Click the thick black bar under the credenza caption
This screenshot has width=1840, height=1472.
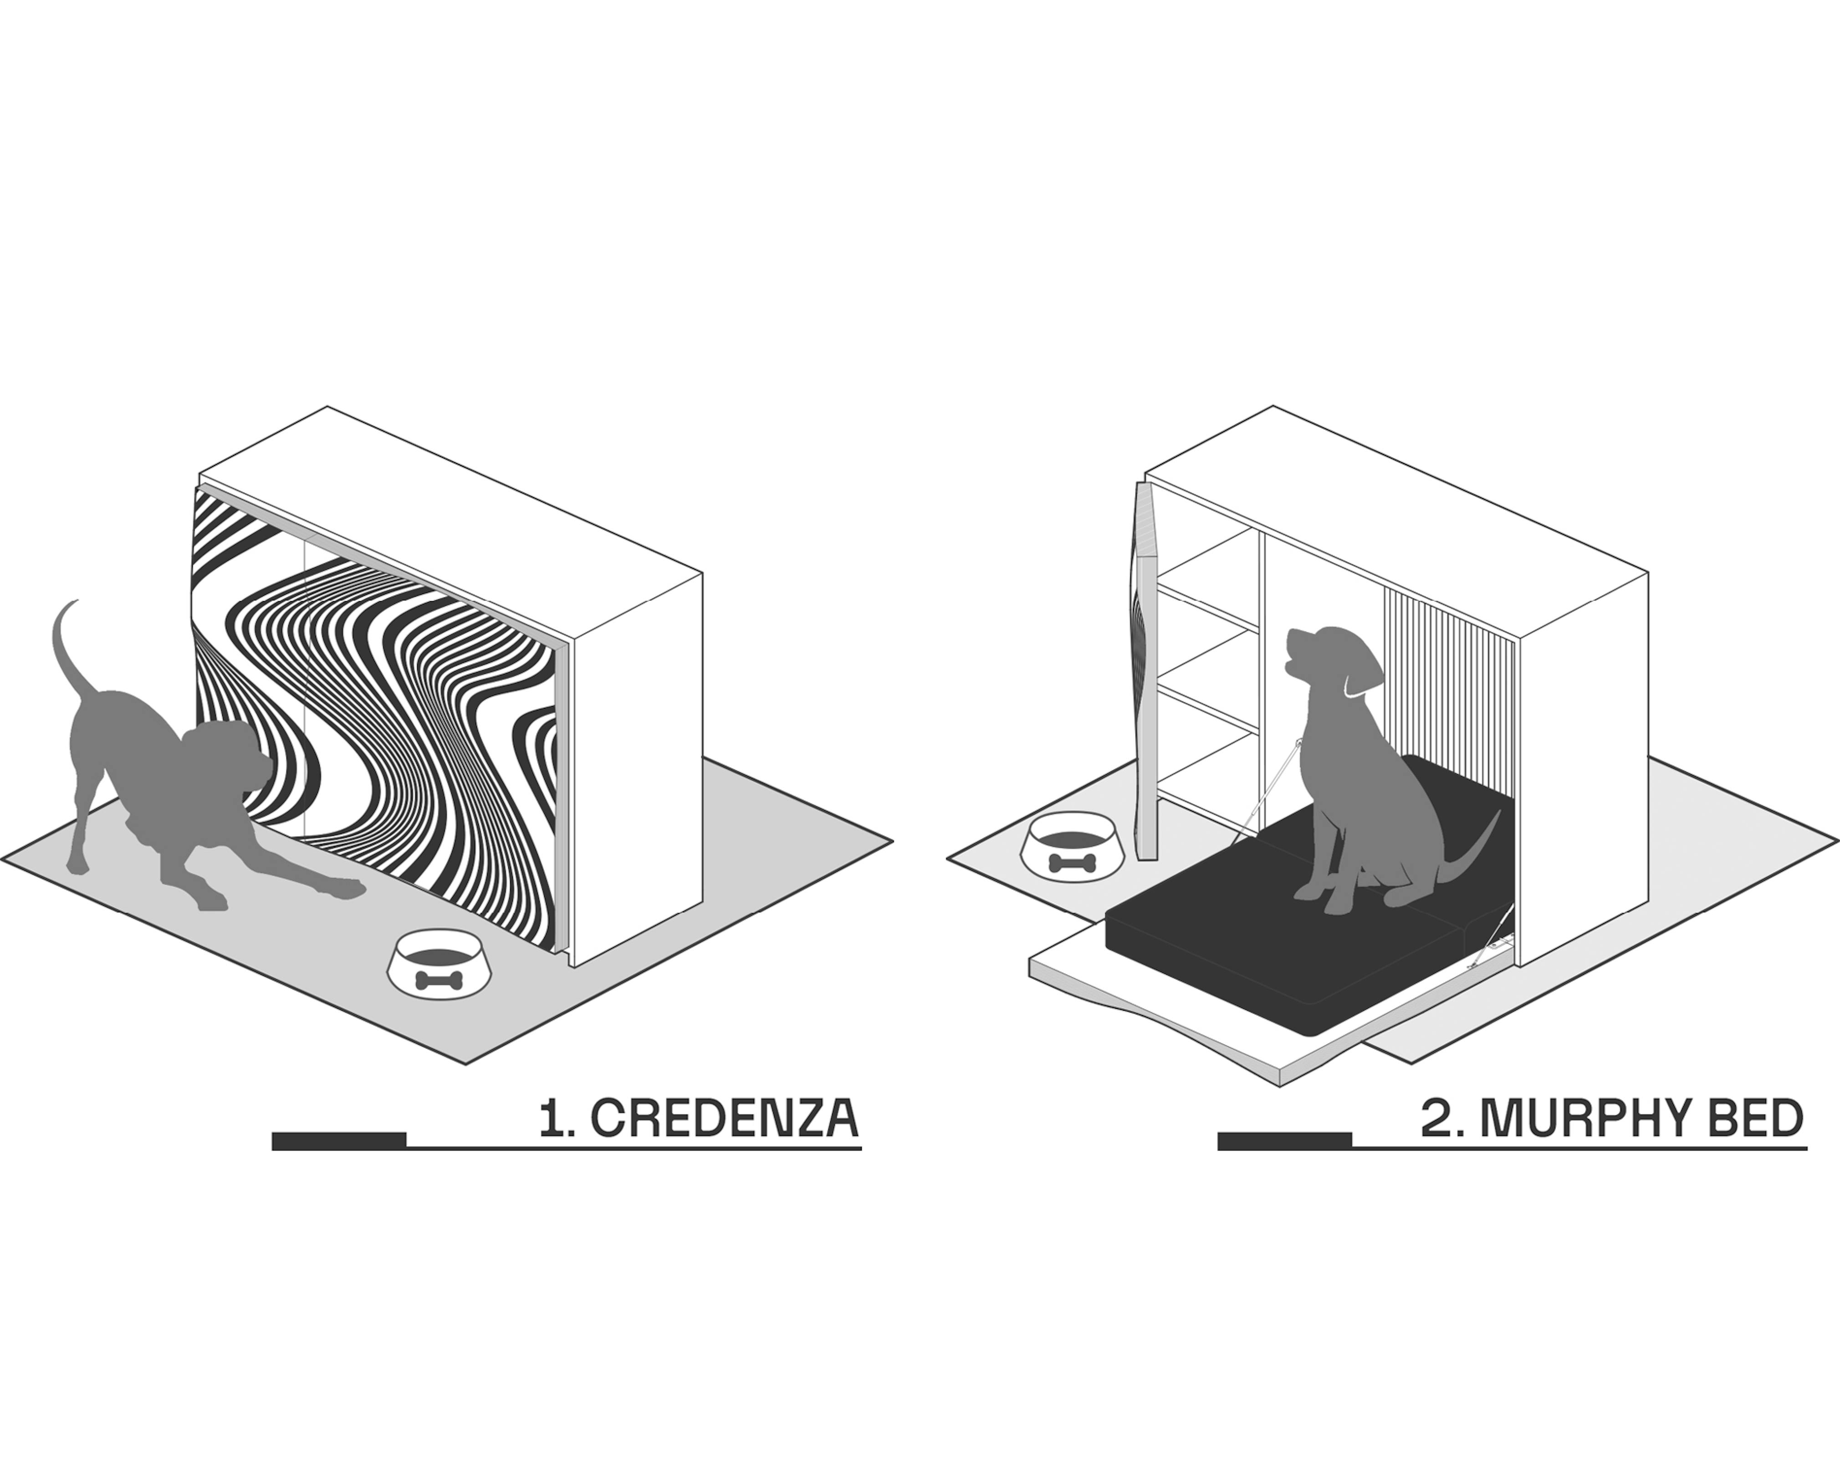(x=339, y=1141)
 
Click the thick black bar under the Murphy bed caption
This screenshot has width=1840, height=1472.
(x=1284, y=1141)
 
